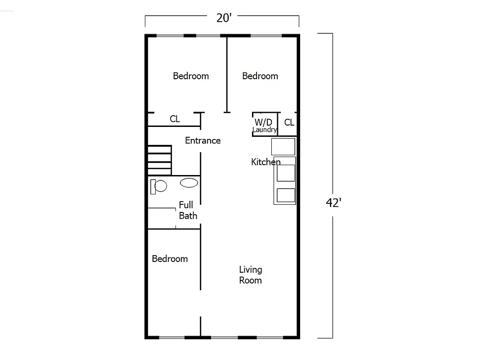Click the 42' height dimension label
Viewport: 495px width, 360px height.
tap(333, 203)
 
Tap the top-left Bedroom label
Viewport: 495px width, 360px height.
tap(191, 76)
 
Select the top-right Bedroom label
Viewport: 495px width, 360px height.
tap(260, 76)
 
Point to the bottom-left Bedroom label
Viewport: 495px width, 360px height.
tap(170, 259)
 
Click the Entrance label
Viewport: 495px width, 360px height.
tap(202, 140)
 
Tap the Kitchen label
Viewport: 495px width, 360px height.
tap(265, 162)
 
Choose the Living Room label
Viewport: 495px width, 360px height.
tap(250, 275)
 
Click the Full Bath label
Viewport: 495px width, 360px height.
tap(188, 210)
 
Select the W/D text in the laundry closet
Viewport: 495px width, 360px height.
tap(263, 122)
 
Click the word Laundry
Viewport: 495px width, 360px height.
tap(265, 130)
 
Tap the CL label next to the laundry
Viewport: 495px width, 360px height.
tap(289, 122)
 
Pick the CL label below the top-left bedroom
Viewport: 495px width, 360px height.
tap(175, 119)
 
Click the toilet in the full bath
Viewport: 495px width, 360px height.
tap(158, 186)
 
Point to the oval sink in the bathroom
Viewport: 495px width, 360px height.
tap(189, 183)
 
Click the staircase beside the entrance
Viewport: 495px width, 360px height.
tap(159, 160)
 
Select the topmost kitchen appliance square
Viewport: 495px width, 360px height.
tap(283, 147)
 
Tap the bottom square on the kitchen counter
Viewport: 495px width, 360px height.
tap(286, 195)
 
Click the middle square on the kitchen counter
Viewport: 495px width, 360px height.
tap(286, 173)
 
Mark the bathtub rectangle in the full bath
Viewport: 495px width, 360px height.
tap(161, 218)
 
